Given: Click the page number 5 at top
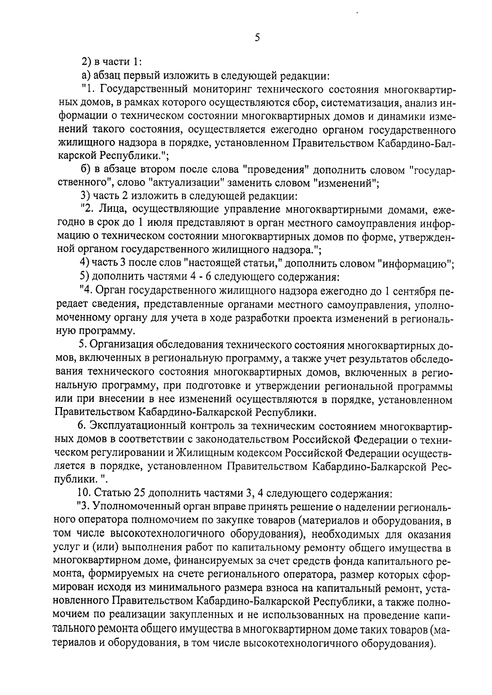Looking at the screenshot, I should coord(257,38).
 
